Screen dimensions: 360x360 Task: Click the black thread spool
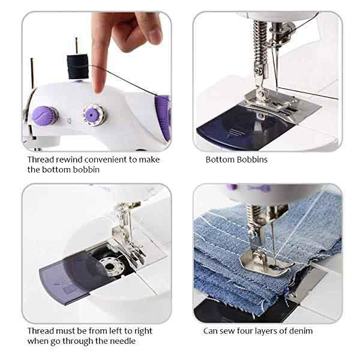[x=77, y=67]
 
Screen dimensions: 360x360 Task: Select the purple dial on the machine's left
[x=44, y=115]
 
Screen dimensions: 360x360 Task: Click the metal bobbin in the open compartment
[x=110, y=266]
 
